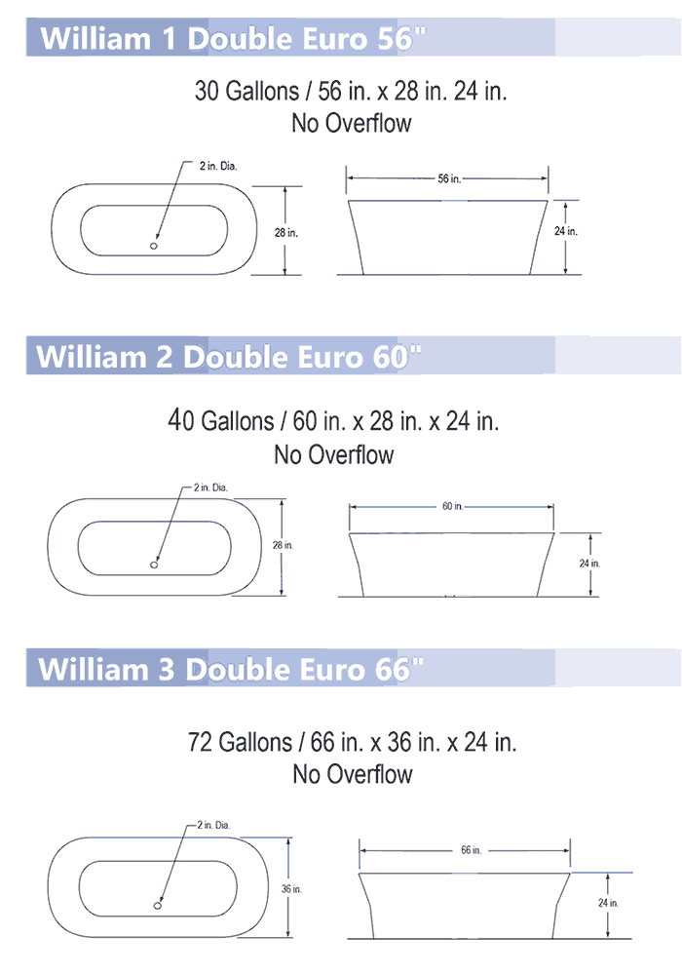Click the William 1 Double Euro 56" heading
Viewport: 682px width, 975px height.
234,39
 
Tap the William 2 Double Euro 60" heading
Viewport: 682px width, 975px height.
229,357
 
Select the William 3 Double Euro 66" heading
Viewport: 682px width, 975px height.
231,669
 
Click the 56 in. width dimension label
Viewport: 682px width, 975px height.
449,178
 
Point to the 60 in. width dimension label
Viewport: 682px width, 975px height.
453,506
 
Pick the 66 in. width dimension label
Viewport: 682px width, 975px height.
472,850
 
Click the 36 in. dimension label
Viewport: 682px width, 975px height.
291,889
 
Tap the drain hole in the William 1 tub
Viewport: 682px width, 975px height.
154,247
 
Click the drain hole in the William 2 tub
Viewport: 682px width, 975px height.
154,565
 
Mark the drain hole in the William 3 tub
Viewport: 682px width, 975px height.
158,906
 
